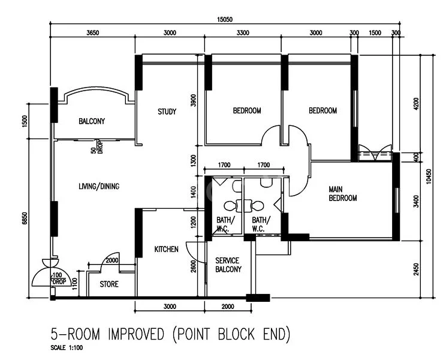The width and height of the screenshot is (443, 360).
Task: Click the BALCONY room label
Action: [x=92, y=121]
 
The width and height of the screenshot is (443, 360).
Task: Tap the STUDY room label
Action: [x=167, y=112]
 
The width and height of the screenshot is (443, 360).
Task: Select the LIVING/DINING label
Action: [x=99, y=187]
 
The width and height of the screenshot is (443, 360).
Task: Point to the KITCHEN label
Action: [x=166, y=249]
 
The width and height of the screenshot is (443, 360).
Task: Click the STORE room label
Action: [x=109, y=284]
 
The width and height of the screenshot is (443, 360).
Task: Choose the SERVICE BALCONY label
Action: [x=228, y=265]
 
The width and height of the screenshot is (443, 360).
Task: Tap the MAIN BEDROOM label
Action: [x=343, y=194]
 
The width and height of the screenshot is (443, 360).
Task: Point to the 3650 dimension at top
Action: [x=92, y=33]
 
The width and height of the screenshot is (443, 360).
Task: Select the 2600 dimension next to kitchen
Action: [x=193, y=266]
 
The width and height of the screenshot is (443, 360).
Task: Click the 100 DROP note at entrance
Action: [x=58, y=278]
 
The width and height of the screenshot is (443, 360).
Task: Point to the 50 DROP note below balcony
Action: [x=97, y=147]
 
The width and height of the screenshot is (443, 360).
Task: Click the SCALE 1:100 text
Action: [x=68, y=347]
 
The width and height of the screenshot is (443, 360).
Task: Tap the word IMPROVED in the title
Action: [x=138, y=333]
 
